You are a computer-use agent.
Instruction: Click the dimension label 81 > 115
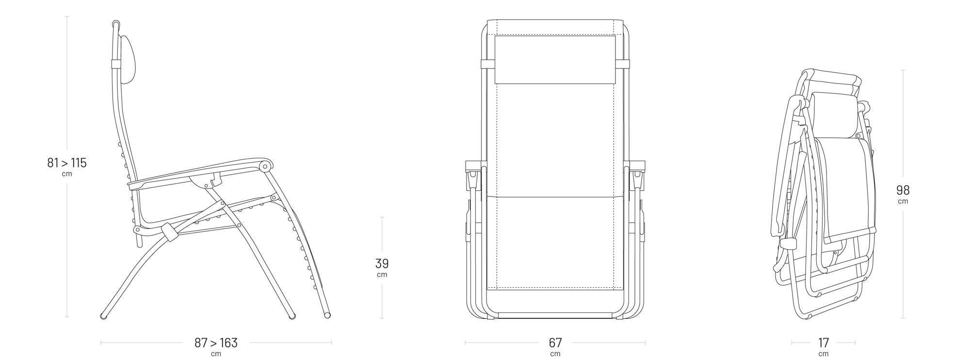(67, 163)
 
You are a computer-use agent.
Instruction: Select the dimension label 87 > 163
(216, 343)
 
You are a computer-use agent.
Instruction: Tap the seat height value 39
(382, 263)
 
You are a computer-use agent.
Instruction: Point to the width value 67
(555, 343)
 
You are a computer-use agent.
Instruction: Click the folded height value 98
(903, 190)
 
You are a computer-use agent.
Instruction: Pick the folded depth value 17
(824, 343)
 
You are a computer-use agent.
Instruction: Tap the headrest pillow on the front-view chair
(555, 60)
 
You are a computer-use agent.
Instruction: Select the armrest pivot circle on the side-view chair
(265, 167)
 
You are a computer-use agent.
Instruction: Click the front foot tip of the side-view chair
(327, 315)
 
